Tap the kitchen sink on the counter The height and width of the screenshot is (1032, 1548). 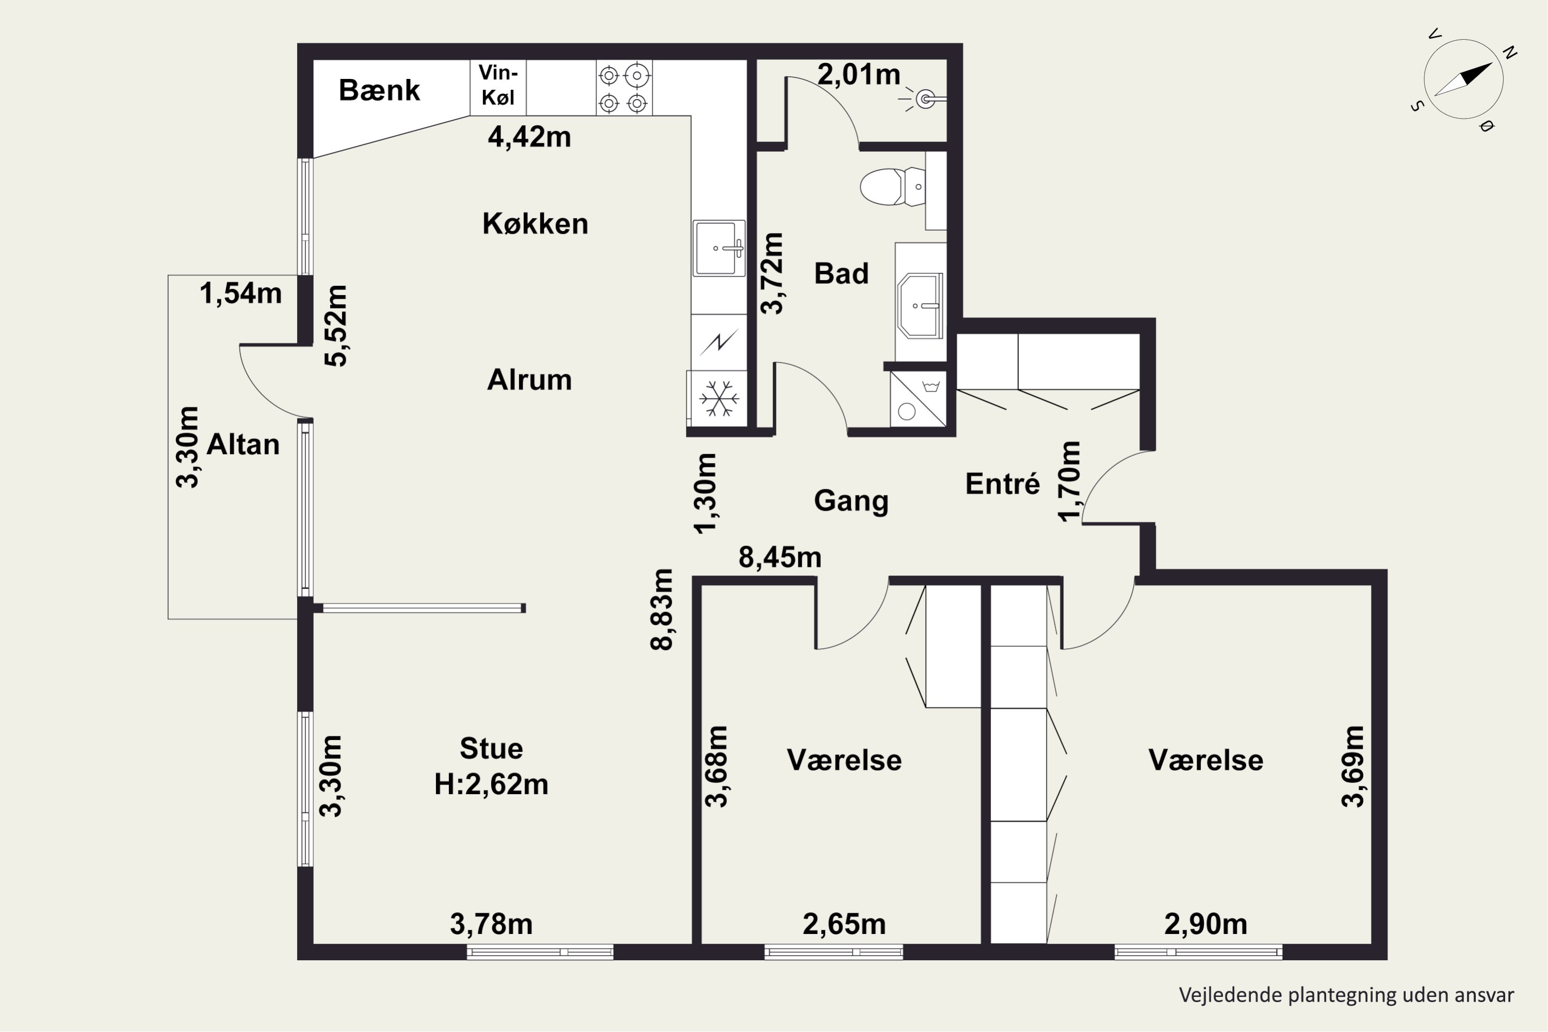[x=719, y=248]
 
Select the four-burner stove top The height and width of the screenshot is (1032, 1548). [x=624, y=88]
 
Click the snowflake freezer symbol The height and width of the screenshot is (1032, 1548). [x=719, y=398]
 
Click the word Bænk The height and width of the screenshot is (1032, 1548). [x=379, y=90]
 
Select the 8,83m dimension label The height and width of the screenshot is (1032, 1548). [x=662, y=609]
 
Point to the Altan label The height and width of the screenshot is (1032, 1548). [x=243, y=445]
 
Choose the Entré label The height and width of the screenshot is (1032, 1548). [x=1003, y=484]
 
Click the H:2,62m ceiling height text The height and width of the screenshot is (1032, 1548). [x=491, y=784]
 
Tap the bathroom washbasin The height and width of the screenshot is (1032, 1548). [x=920, y=306]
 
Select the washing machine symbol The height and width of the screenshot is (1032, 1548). [x=918, y=399]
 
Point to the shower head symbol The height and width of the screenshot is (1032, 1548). [x=925, y=100]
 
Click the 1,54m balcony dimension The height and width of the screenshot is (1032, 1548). [x=241, y=294]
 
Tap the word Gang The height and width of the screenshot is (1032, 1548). [x=851, y=502]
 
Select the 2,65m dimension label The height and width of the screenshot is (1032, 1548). [x=844, y=924]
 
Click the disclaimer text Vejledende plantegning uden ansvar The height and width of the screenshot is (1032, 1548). [x=1346, y=994]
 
